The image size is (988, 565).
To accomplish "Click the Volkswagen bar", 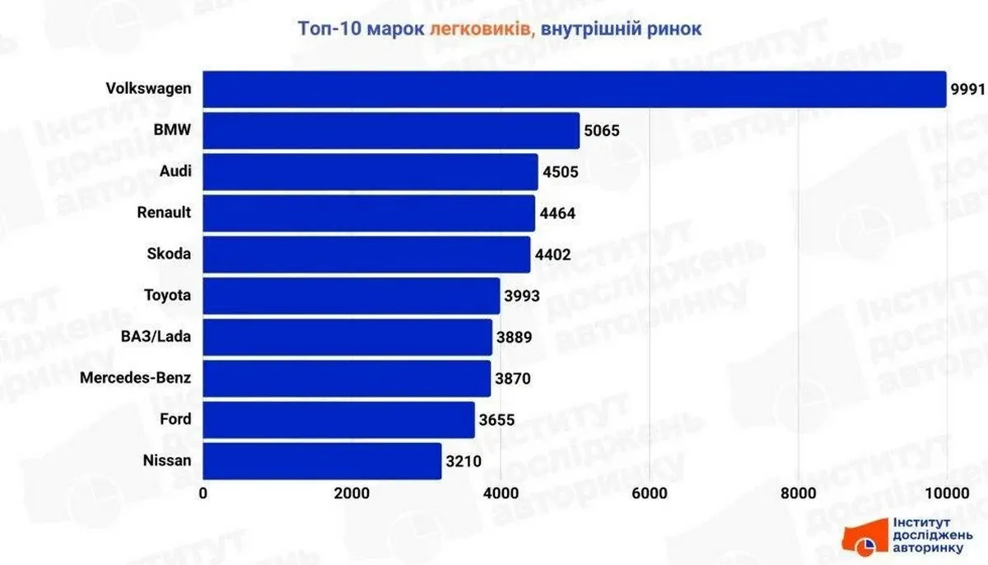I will coord(574,89).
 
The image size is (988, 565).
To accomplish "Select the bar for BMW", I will coord(391,130).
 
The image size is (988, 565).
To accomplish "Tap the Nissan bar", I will coord(322,460).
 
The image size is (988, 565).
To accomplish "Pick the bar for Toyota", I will coord(352,296).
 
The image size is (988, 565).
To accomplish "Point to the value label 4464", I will coord(557,213).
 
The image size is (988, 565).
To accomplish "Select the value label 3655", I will coord(497,420).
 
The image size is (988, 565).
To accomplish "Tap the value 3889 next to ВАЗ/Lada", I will coord(515,338).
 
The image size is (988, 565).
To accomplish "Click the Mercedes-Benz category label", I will coord(136,378).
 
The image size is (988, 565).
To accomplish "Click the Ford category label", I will coord(175,419).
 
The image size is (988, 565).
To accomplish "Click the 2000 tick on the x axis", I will coord(352,493).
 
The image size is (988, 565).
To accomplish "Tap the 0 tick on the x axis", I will coord(203,493).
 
